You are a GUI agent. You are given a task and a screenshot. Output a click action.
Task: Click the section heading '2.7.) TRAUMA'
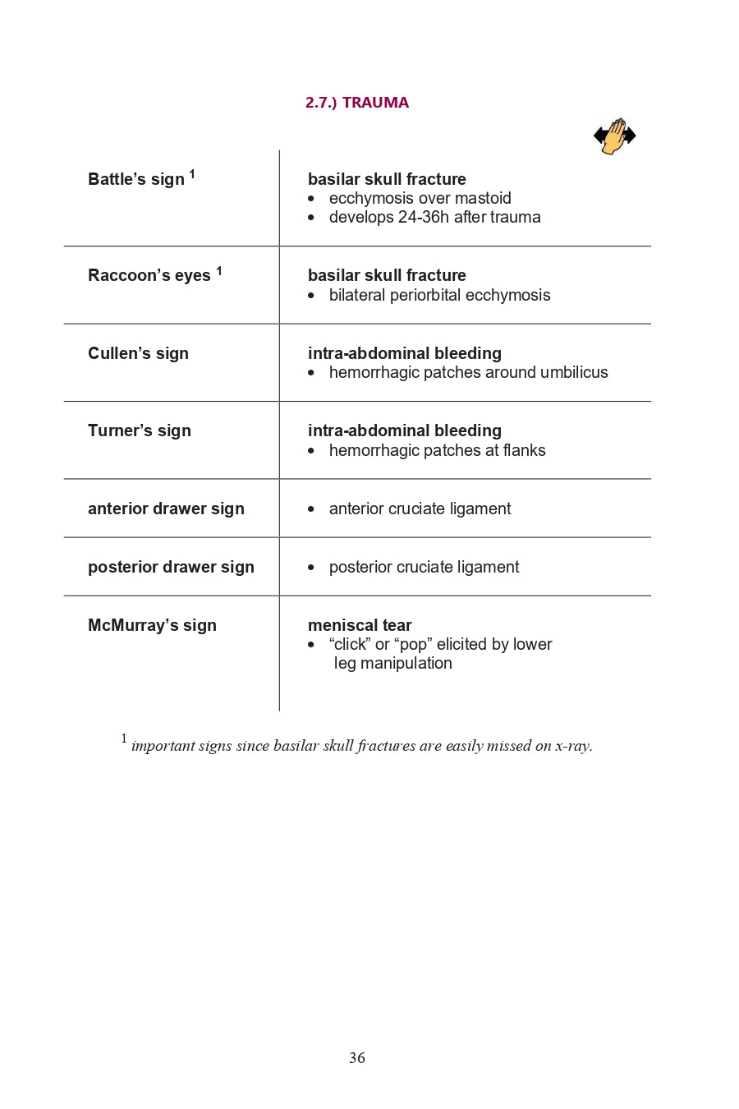(356, 103)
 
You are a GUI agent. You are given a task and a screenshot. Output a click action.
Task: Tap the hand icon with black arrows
(614, 136)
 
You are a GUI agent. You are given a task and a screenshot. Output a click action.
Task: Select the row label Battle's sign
(136, 179)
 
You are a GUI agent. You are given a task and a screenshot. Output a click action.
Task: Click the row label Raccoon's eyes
(149, 275)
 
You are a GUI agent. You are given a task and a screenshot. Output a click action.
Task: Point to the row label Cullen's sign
(138, 353)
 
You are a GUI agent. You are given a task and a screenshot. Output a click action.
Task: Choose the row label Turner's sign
(140, 430)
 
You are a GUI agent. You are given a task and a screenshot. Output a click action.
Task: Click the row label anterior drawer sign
(166, 508)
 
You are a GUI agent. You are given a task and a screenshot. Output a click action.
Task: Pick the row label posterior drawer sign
(171, 567)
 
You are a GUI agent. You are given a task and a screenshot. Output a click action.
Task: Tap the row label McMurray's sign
(152, 625)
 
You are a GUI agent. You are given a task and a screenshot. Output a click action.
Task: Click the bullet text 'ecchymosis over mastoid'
(420, 198)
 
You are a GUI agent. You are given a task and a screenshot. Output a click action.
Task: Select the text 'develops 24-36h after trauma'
(434, 217)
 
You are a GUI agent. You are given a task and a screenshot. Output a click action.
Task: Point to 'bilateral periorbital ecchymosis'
(439, 295)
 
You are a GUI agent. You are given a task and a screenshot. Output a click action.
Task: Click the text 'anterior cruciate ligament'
(420, 508)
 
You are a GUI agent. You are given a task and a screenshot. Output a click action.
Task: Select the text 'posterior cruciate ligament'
(424, 567)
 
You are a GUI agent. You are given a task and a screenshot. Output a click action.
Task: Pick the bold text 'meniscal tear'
(360, 625)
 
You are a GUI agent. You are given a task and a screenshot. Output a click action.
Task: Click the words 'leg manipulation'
(392, 663)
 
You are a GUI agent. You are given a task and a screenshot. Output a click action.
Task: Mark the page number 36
(357, 1058)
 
